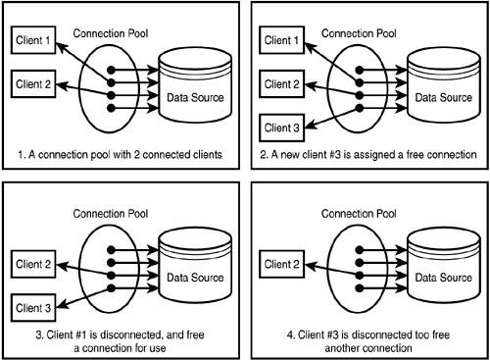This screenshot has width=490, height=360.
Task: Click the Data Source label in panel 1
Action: pos(197,97)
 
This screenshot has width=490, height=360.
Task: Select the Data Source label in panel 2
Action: pos(444,97)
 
